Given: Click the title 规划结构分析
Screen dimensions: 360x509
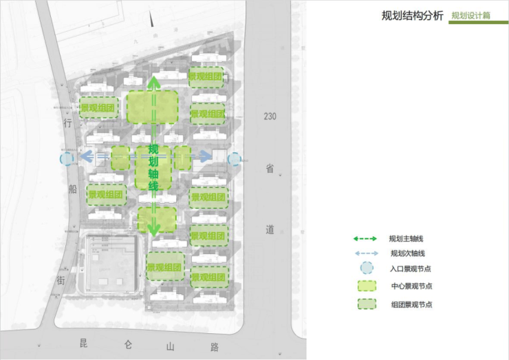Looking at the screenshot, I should pos(412,15).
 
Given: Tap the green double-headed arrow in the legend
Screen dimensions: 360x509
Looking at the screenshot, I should pos(365,239).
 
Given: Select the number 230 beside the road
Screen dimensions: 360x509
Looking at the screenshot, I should pos(270,116).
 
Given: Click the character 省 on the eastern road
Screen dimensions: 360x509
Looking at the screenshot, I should pos(270,167).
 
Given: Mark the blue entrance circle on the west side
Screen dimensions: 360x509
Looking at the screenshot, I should pos(67,159).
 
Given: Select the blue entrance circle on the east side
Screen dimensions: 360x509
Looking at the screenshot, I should pos(234,159).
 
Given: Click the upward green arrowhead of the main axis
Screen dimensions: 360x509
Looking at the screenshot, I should pos(154,83).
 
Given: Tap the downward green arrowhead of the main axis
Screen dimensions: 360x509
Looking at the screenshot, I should pos(154,229).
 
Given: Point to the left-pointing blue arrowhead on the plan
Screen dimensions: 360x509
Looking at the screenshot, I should pos(86,158).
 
